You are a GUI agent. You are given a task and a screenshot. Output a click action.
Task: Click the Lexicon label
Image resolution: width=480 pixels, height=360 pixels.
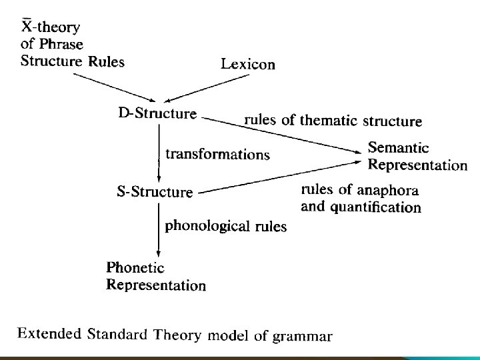(x=247, y=64)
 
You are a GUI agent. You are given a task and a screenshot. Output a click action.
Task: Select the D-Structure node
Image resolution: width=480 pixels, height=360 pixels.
(x=157, y=113)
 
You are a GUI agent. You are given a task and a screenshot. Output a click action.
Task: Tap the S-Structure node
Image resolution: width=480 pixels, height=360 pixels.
(x=155, y=192)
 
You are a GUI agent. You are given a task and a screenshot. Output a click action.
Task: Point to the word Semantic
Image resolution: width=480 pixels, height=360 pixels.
(x=399, y=148)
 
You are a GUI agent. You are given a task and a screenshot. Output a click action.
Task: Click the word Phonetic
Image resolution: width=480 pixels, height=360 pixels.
(x=135, y=267)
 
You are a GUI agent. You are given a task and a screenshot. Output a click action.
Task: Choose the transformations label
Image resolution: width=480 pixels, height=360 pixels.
(x=217, y=154)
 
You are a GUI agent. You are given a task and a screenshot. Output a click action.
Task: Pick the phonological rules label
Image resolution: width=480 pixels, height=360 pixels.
(x=225, y=225)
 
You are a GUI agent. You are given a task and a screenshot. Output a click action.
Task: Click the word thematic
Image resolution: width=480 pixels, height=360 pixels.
(x=329, y=121)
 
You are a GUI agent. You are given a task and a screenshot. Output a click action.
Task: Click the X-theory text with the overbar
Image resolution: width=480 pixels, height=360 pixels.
(x=51, y=27)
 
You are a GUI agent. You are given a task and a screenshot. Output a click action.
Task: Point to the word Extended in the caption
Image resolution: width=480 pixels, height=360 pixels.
(x=50, y=333)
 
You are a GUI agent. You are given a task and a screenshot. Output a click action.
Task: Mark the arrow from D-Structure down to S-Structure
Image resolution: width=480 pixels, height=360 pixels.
(x=159, y=153)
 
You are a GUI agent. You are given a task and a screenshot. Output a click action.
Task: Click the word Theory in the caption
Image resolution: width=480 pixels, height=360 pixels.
(x=177, y=334)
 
